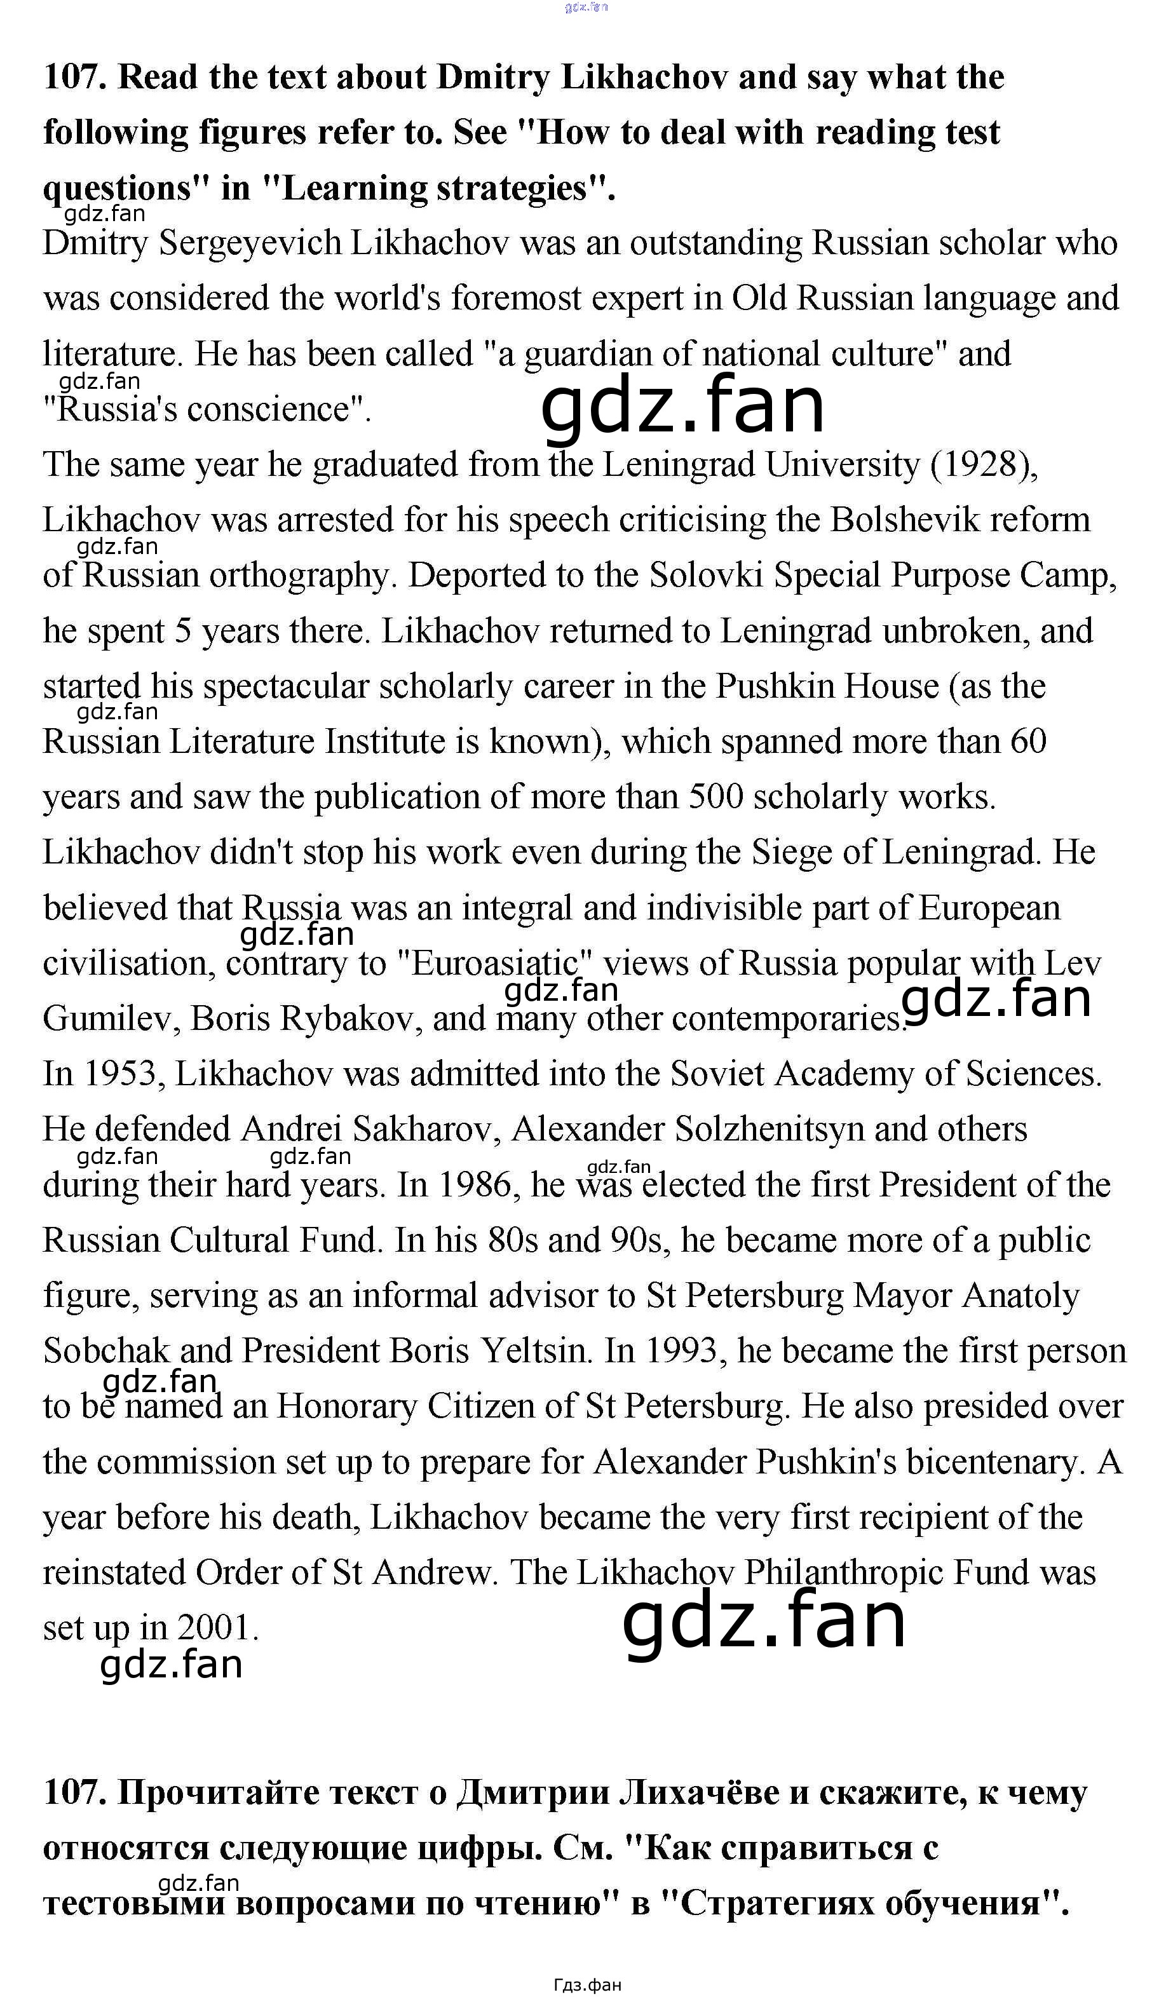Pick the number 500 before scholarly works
click(715, 797)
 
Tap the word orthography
click(302, 576)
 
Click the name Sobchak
click(107, 1351)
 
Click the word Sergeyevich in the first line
click(250, 243)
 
